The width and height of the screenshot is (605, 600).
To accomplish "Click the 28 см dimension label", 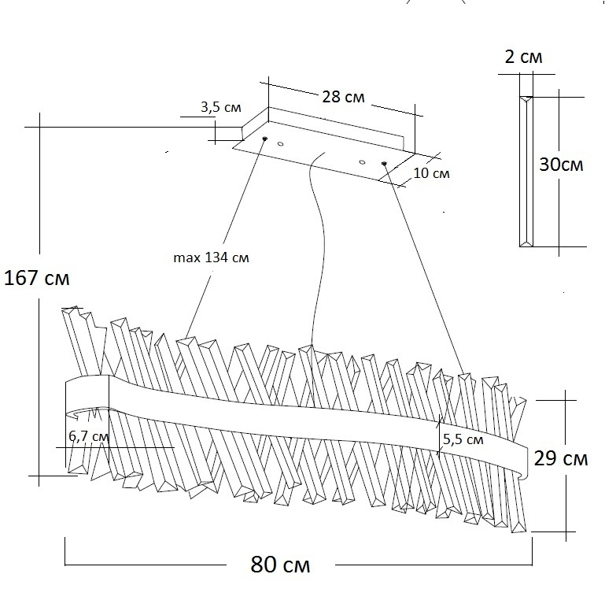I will click(344, 97).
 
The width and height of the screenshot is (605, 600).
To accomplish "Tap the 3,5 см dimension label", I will click(221, 108).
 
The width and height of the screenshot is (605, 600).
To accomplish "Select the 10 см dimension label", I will click(431, 173).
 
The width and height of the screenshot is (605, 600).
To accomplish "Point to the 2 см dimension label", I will click(522, 57).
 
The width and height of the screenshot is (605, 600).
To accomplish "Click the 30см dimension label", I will click(561, 165).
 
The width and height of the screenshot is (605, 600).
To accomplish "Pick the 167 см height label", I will click(36, 278).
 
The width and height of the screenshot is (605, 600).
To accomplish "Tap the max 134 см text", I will click(210, 257).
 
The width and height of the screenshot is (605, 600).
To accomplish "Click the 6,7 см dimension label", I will click(88, 436).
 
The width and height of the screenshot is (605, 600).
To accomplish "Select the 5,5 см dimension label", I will click(463, 439).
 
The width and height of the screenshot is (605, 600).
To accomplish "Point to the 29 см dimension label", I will click(560, 459).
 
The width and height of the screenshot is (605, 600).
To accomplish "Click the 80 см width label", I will click(280, 565).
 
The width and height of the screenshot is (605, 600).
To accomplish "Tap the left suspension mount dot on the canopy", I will click(264, 139).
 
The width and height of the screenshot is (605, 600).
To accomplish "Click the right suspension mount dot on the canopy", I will click(384, 164).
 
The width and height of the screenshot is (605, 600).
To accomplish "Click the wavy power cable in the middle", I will click(318, 236).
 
